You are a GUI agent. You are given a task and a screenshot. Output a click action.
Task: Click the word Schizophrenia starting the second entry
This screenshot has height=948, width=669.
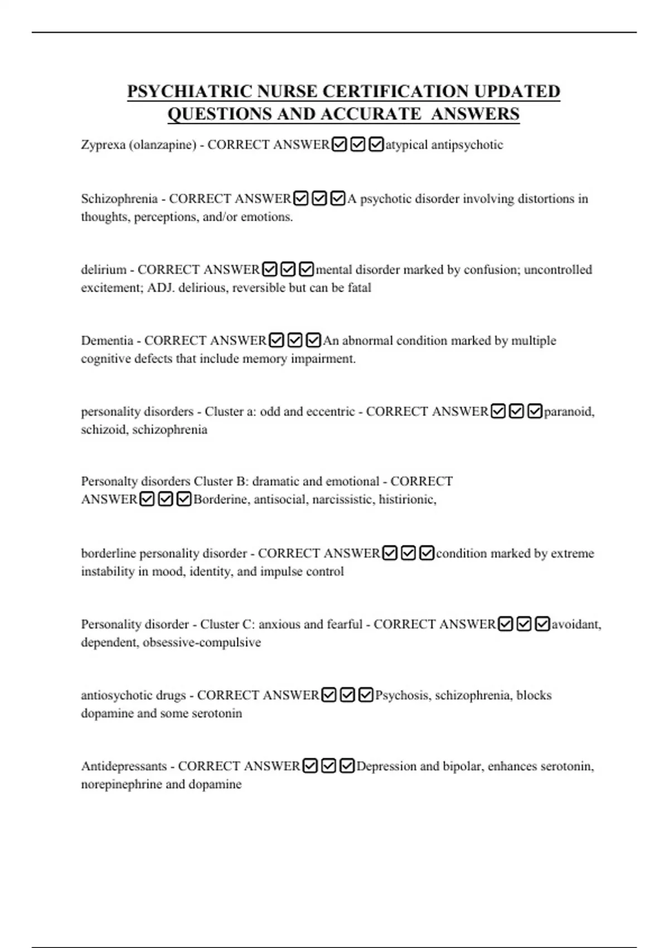pos(119,199)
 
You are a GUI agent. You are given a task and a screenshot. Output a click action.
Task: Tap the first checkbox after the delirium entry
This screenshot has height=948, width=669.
pos(270,270)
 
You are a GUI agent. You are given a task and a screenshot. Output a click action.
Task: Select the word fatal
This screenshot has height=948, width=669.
pos(359,288)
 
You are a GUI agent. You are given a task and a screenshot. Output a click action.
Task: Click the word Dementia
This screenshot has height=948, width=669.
pos(107,341)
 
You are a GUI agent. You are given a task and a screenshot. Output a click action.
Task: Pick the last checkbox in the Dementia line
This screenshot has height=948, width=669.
pos(314,340)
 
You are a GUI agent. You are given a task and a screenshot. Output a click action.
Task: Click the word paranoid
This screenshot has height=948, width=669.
pos(569,412)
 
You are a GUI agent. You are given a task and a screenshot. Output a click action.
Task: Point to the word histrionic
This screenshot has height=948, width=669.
pos(407,500)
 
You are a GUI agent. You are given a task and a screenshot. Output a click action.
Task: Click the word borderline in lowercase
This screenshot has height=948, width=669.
pos(108,554)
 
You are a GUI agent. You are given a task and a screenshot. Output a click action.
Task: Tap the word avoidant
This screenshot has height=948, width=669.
pos(576,625)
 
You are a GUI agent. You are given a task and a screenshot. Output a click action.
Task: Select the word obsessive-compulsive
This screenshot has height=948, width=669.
pos(202,642)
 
